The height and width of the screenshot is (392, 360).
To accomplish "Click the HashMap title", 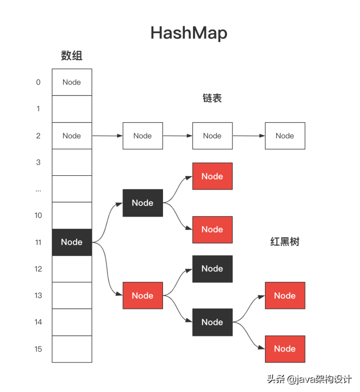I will pos(188,33).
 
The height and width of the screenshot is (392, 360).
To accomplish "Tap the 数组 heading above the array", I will pos(71,56).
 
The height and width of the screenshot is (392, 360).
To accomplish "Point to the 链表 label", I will pos(212,98).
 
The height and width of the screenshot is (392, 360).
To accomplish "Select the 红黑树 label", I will pos(284,242).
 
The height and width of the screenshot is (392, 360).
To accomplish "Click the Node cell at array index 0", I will pos(72,82).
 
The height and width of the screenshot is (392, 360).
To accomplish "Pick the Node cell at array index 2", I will pos(72,136).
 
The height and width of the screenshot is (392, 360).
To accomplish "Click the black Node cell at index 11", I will pos(72,242).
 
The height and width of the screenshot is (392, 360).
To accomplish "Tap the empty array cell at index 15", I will pos(72,349).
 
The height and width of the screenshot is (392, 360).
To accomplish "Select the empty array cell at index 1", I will pos(72,109).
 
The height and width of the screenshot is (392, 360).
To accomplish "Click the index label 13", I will pos(38,295).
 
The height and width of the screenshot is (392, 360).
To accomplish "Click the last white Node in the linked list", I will pos(284,136).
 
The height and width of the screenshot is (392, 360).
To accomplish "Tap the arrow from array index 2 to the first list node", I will pos(107,136).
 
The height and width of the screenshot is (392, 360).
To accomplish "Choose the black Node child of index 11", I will pos(142,203).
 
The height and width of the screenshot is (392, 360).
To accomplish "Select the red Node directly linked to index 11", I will pos(142,295).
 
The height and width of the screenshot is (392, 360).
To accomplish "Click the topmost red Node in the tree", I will pos(212,176).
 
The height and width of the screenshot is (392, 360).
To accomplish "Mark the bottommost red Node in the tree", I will pos(284,349).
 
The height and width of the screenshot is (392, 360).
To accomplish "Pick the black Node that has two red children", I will pos(212,322).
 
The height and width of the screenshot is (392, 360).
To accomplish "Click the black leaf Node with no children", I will pos(212,269).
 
